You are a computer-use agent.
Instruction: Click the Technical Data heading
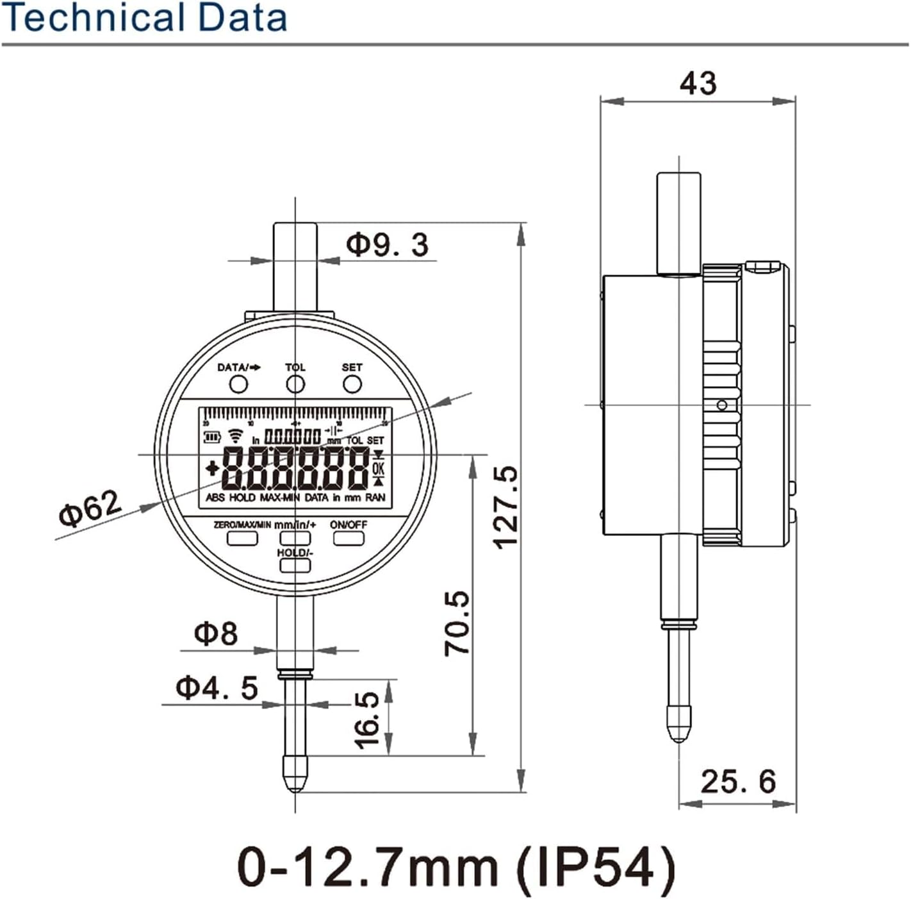point(145,18)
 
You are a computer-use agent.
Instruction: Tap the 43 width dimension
point(698,83)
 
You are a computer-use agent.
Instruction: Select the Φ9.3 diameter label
point(387,245)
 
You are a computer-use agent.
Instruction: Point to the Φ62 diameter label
point(90,508)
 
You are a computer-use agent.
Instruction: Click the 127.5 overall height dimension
point(506,507)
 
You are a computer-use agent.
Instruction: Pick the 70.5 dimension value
point(457,623)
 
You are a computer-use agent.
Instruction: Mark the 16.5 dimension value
point(368,720)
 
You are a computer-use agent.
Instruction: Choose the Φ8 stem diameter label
point(216,634)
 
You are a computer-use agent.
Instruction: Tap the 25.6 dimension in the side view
point(738,782)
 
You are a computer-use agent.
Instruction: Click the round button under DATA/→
point(238,384)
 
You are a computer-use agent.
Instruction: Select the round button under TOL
point(295,384)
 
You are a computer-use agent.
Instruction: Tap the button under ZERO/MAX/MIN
point(242,538)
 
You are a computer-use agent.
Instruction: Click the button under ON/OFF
point(349,538)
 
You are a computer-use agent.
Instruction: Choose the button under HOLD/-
point(295,565)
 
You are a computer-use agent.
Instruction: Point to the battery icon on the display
point(212,438)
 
